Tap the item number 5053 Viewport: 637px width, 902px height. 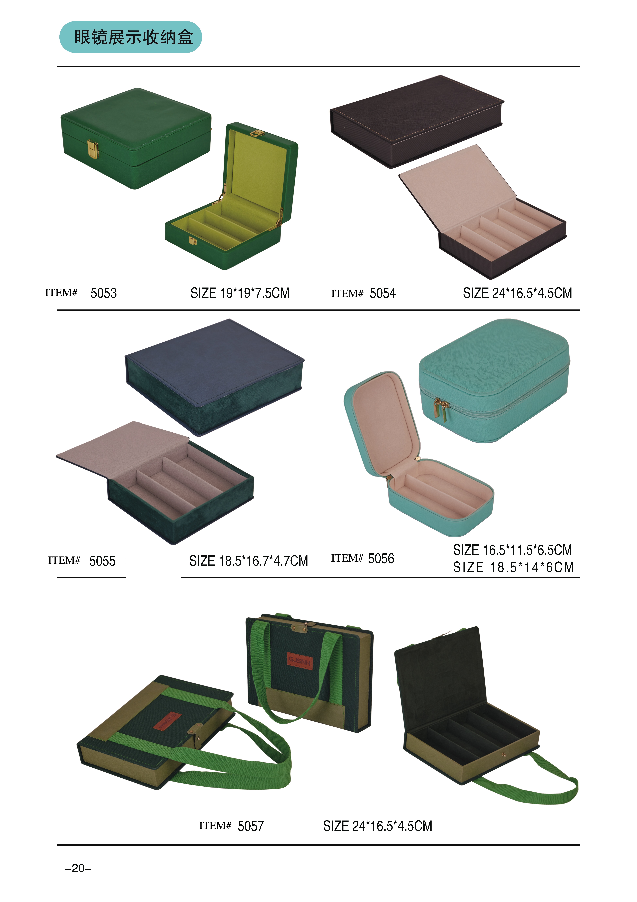click(104, 293)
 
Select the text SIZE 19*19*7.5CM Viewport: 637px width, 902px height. click(240, 293)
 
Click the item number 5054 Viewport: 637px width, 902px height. click(383, 293)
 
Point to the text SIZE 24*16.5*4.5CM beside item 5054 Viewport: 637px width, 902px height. click(517, 293)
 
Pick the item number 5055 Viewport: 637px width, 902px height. click(102, 561)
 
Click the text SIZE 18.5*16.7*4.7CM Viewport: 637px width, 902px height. click(248, 561)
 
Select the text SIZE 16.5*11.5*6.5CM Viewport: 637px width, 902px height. click(513, 550)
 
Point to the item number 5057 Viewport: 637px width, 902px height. click(251, 826)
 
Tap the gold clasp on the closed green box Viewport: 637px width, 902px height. click(93, 149)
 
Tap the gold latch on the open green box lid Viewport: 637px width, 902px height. click(257, 134)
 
